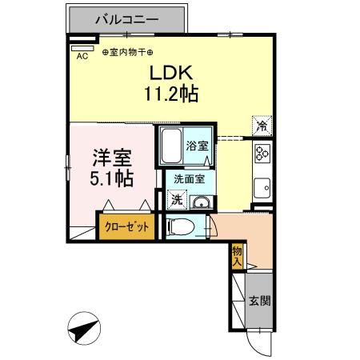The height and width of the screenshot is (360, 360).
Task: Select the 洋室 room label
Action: pos(110,156)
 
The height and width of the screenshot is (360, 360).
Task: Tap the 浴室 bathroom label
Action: pos(197,146)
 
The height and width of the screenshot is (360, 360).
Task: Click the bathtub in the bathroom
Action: pos(171,146)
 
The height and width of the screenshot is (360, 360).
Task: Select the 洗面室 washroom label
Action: pos(190,181)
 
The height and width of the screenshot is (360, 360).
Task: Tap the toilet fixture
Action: pos(182,226)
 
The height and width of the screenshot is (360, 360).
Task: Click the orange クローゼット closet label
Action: pos(127,227)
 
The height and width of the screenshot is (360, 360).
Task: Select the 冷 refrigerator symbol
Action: pos(262,125)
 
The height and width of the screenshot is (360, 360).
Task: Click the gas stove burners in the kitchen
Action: pos(263,154)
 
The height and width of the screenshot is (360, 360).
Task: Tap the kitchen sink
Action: pos(262,190)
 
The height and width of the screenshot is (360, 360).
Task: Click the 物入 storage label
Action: pos(237,256)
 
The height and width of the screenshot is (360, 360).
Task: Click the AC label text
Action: pos(82,56)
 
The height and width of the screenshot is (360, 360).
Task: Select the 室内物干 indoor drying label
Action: pos(128,52)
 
